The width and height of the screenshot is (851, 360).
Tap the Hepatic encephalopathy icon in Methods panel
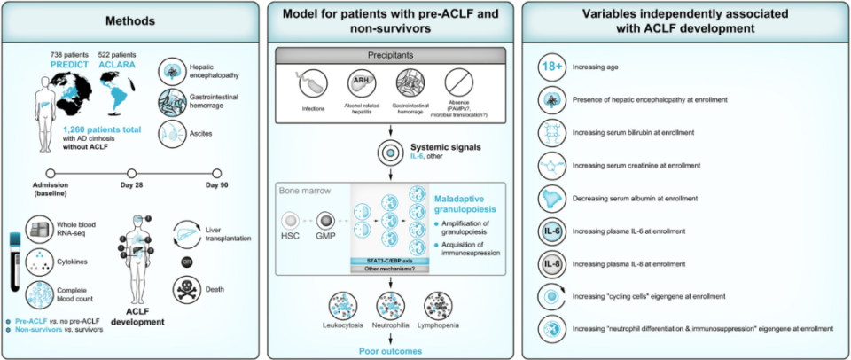click(x=175, y=71)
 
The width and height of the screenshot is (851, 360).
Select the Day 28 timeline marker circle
click(x=131, y=174)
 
